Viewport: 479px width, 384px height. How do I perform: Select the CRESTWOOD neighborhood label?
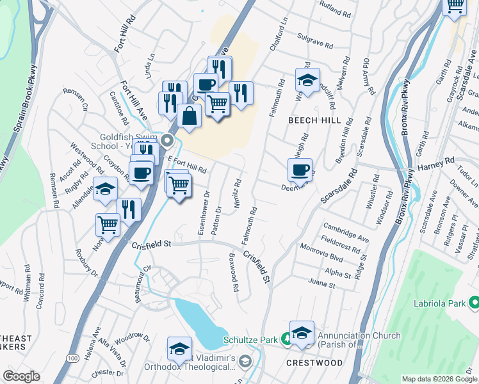tap(314, 363)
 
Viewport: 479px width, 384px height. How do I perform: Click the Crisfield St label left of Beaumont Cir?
tap(151, 244)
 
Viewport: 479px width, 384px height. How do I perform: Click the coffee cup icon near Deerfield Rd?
tap(300, 170)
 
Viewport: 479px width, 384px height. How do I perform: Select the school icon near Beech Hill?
tap(307, 80)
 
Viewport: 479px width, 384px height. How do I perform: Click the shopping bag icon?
tap(190, 116)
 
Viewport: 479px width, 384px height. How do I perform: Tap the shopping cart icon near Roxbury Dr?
tap(108, 225)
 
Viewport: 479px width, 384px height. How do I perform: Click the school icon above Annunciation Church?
tap(302, 333)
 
